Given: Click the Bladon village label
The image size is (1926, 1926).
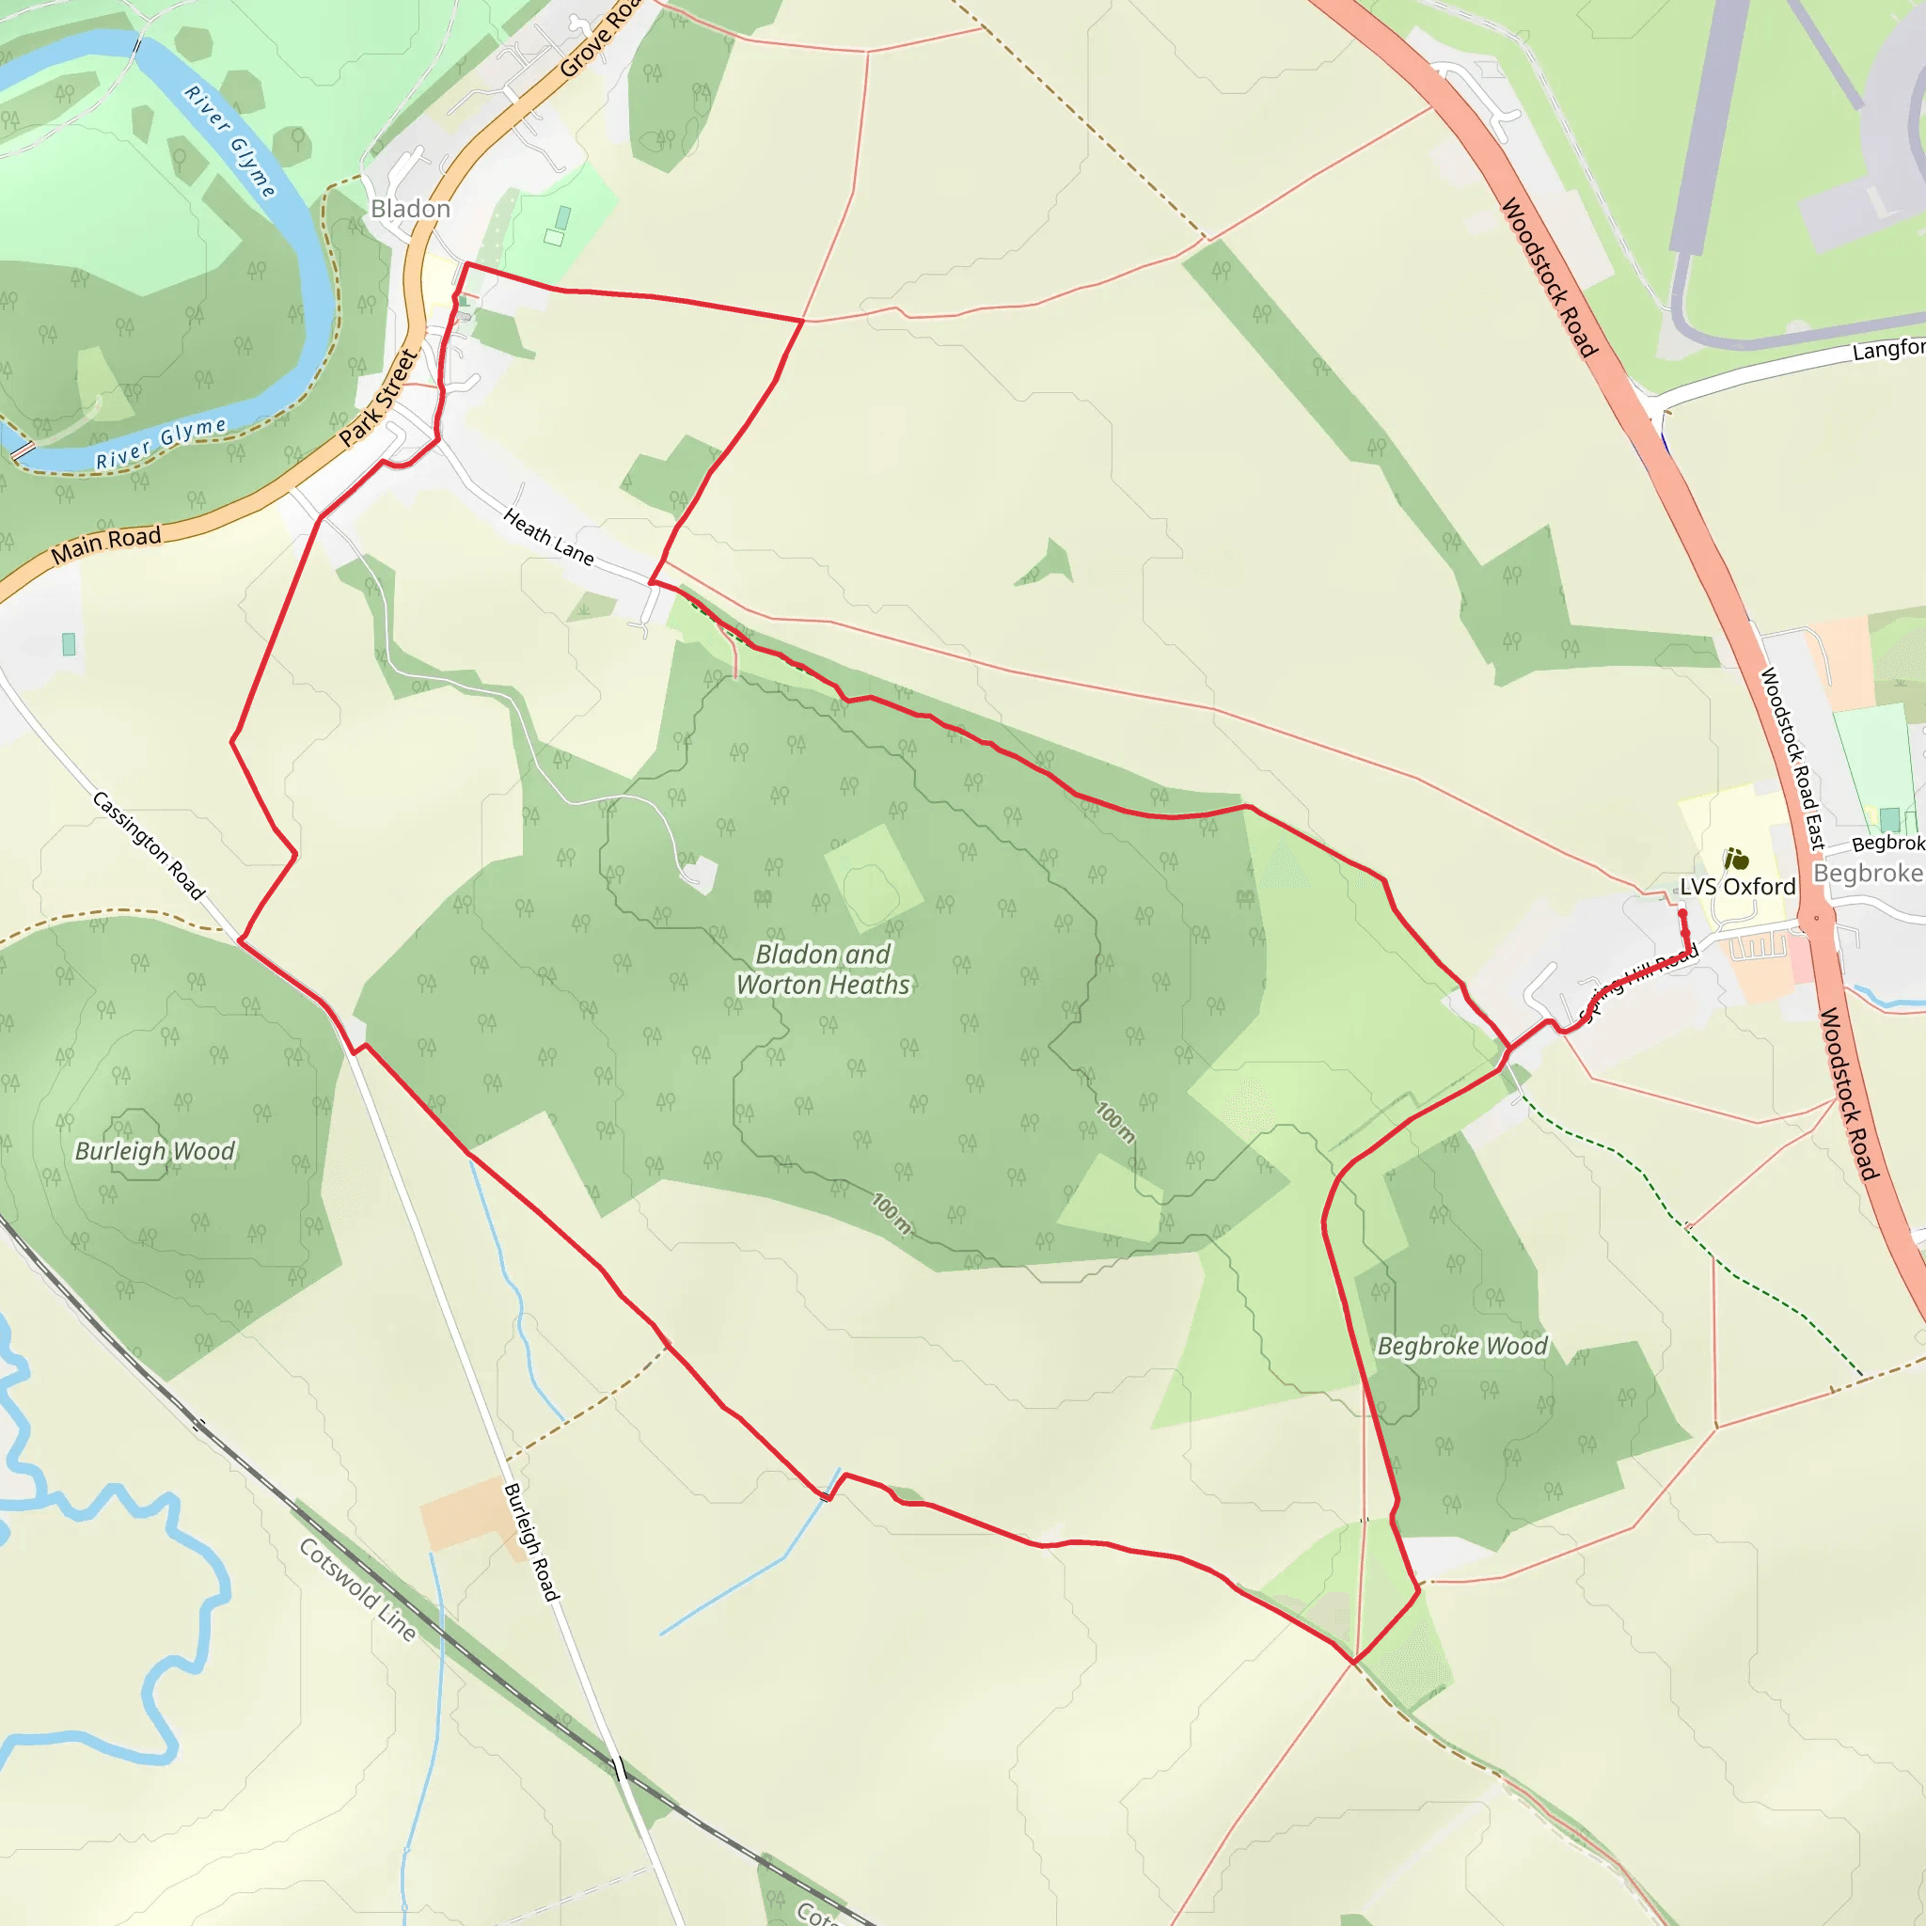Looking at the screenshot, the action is click(411, 210).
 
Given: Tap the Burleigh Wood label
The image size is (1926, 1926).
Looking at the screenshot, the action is click(155, 1151).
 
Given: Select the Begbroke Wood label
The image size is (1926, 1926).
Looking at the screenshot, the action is click(1462, 1347).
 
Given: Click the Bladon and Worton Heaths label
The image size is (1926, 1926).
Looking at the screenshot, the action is click(824, 970).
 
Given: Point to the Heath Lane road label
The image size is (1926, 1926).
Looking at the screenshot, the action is click(548, 536).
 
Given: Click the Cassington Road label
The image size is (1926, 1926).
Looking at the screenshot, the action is click(149, 845).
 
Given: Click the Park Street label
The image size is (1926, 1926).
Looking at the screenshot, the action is click(378, 398).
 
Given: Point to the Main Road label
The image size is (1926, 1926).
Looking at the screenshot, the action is click(105, 545).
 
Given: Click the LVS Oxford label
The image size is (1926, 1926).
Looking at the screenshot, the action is click(1738, 887).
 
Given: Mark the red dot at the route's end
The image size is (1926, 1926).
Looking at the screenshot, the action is click(1682, 913).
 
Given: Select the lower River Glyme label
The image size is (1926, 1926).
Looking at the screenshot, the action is click(161, 444).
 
